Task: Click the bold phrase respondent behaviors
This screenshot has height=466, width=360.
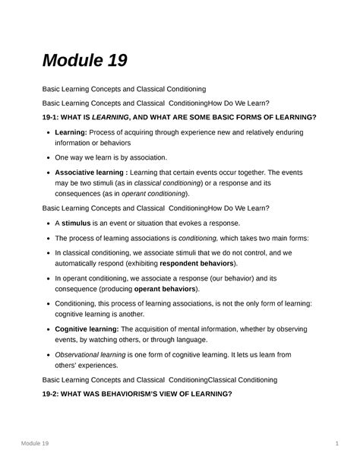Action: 197,263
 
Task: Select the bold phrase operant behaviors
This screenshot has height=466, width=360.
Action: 166,289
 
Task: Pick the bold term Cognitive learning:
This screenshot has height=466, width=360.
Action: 87,328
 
